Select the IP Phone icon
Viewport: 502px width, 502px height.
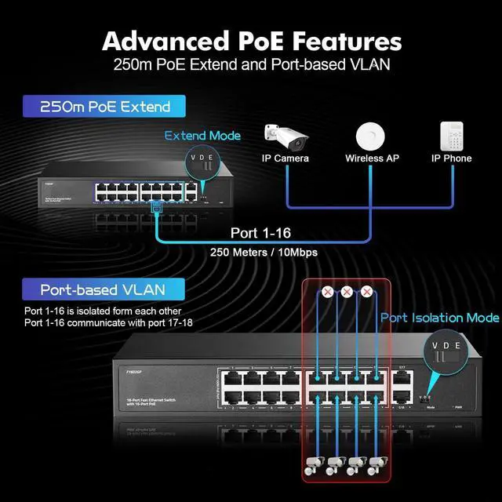[x=451, y=136]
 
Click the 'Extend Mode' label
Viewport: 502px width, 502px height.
[x=202, y=136]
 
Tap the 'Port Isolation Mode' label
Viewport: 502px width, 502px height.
[x=439, y=318]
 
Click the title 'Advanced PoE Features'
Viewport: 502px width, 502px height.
[x=251, y=40]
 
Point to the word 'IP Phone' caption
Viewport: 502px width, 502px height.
[x=451, y=158]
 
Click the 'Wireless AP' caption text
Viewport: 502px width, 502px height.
[x=372, y=158]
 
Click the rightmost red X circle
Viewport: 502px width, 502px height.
[x=366, y=293]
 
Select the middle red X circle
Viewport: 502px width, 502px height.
[x=347, y=293]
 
